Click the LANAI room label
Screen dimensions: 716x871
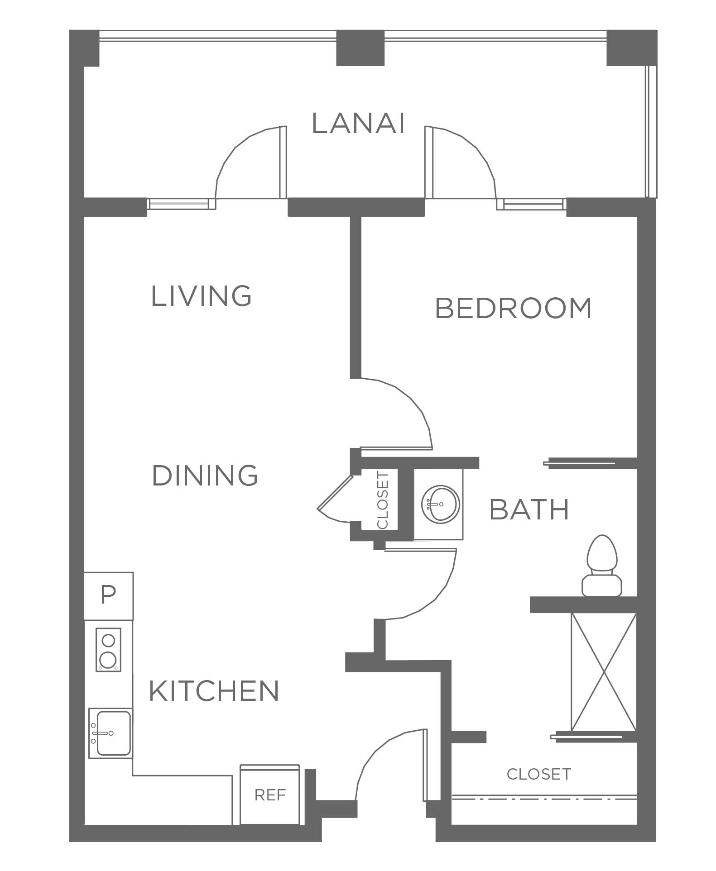pos(358,124)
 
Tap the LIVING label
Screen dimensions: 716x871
pos(201,296)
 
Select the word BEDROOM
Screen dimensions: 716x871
pos(513,308)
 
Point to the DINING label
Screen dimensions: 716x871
pos(205,476)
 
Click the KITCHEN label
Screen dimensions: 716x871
pos(214,691)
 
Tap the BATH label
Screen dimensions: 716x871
pos(529,509)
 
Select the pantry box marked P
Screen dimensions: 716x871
pos(108,596)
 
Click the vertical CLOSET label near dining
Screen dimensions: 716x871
pos(383,500)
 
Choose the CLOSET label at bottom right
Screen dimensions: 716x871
pos(538,774)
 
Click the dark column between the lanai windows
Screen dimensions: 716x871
pos(360,48)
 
